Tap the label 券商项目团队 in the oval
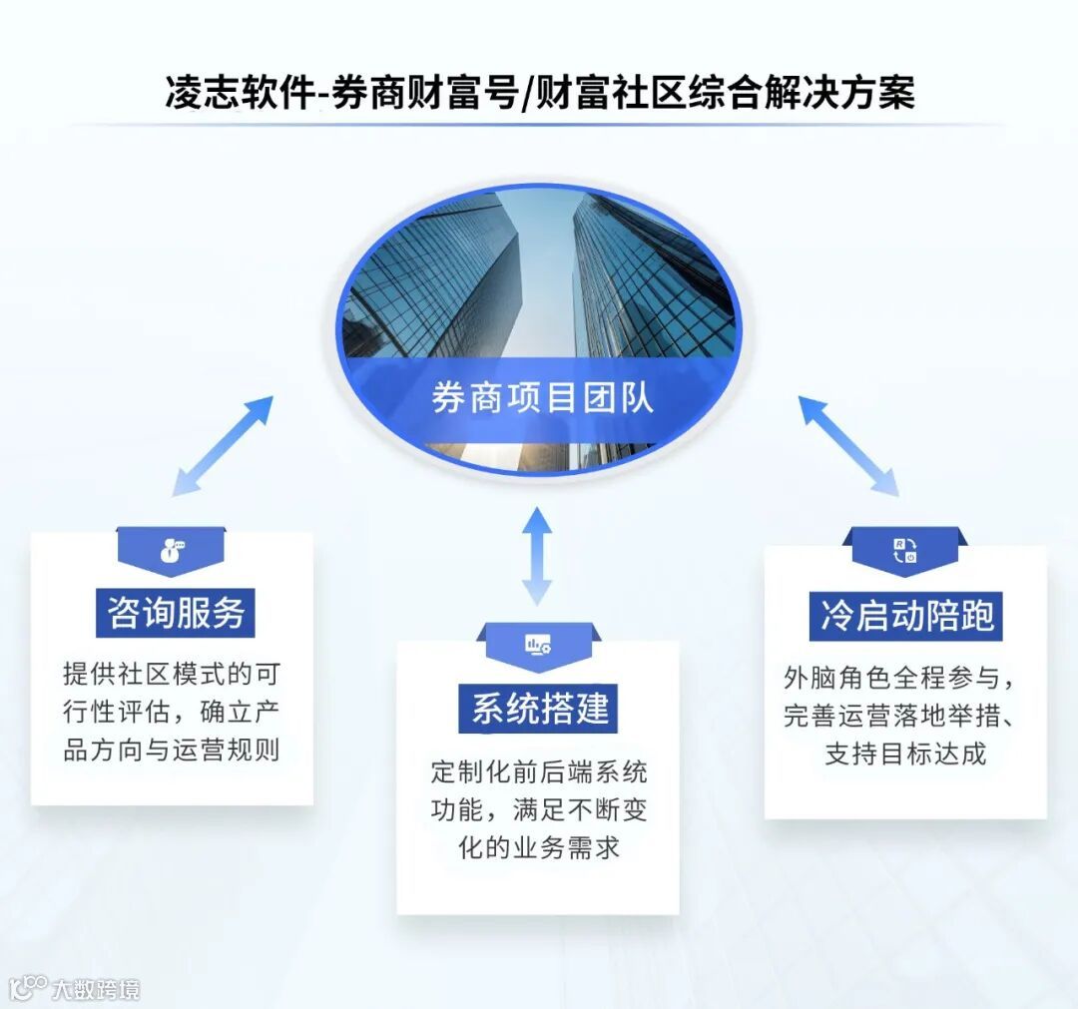(542, 397)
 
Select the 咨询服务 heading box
(176, 612)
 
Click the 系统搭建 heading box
(539, 708)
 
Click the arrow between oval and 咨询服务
(222, 445)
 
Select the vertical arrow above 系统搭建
(537, 555)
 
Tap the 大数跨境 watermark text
(96, 988)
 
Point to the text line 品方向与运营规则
(172, 750)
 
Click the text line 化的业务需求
(539, 847)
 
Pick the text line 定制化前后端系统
(539, 771)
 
